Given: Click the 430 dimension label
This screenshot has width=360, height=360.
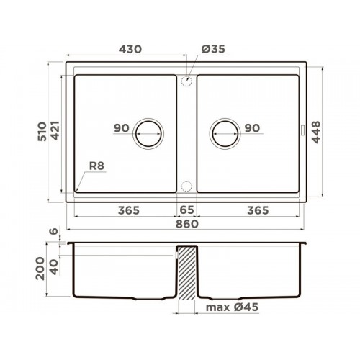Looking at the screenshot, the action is pyautogui.click(x=130, y=49).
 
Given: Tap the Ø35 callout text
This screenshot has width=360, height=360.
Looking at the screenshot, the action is pyautogui.click(x=213, y=49).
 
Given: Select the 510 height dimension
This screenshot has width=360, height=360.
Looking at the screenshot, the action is pyautogui.click(x=42, y=132).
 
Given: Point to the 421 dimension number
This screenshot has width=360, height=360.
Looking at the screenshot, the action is pyautogui.click(x=55, y=131).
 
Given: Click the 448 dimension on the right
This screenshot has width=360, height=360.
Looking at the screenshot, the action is pyautogui.click(x=316, y=132).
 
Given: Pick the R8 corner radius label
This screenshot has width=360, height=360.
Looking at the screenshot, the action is pyautogui.click(x=96, y=166).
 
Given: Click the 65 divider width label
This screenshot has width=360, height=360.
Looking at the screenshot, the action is pyautogui.click(x=186, y=210).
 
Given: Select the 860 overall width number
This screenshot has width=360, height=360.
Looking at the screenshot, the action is pyautogui.click(x=187, y=224).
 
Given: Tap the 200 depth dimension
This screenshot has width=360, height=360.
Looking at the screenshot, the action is pyautogui.click(x=40, y=269).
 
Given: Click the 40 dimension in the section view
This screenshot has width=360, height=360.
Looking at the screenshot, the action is pyautogui.click(x=54, y=267).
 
